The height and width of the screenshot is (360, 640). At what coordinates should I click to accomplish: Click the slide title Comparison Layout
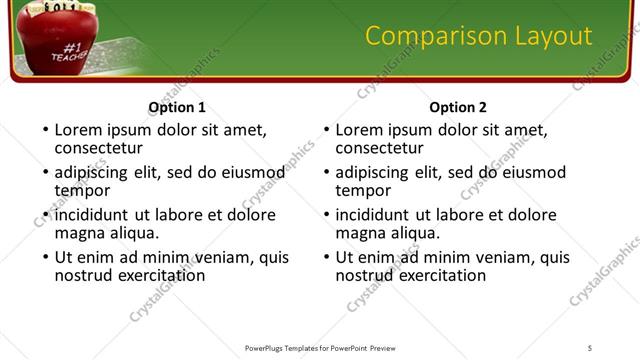tap(478, 36)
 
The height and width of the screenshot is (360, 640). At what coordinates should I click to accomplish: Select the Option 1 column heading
tap(177, 107)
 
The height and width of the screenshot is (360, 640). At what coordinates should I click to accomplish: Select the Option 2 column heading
tap(458, 107)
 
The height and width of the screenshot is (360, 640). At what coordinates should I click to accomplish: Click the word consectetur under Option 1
tap(100, 148)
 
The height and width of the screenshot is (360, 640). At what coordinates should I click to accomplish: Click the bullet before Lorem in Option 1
tap(44, 130)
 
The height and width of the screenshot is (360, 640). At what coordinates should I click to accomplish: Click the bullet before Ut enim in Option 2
tap(325, 257)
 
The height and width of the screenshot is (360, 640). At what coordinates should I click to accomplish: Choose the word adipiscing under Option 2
tap(372, 172)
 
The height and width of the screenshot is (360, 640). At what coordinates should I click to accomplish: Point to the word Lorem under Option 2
tap(359, 130)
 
